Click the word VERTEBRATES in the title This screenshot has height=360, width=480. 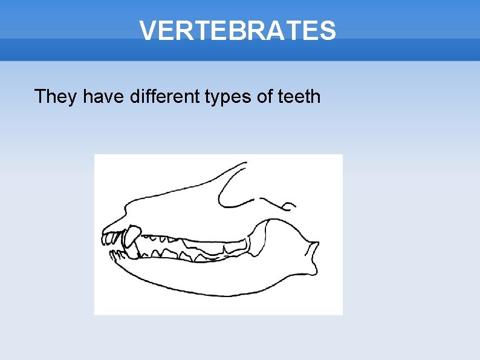tap(237, 30)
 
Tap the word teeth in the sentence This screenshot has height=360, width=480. tap(300, 96)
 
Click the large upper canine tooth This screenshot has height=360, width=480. tap(131, 235)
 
